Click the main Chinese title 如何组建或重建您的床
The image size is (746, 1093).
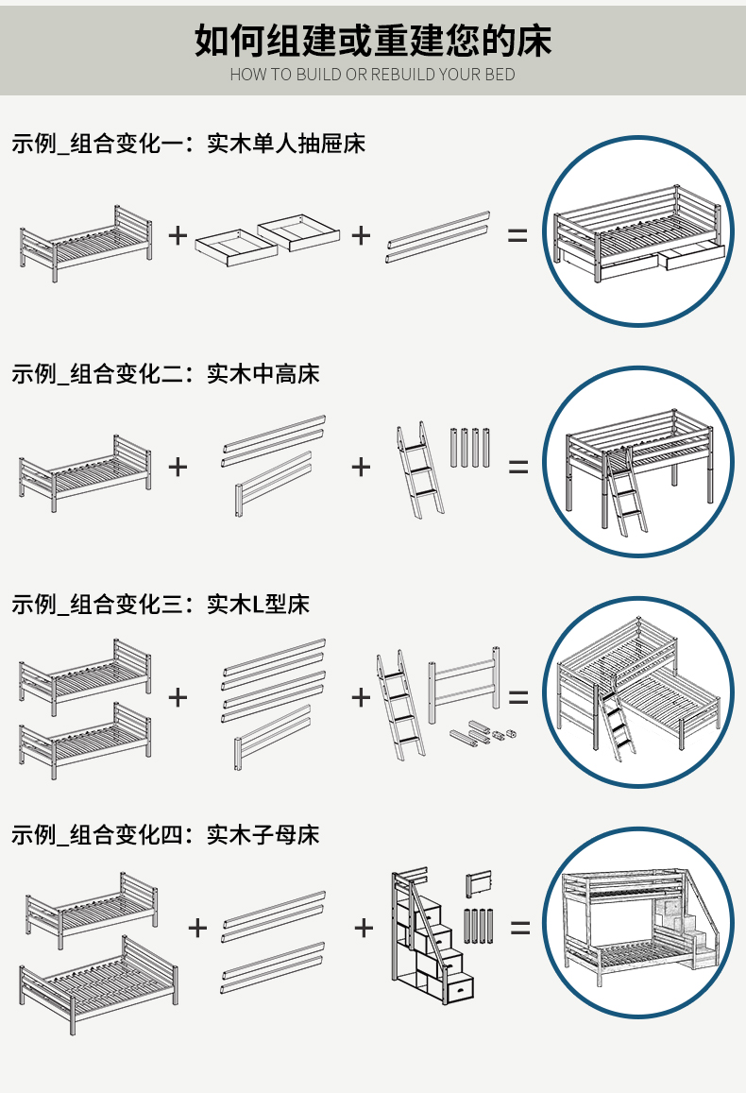(x=373, y=41)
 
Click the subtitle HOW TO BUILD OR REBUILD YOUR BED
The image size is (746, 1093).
(x=373, y=75)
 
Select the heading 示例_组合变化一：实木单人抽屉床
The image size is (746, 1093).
(x=188, y=144)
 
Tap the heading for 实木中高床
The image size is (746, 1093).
(x=165, y=374)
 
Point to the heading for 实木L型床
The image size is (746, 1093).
(x=161, y=605)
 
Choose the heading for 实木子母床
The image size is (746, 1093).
(x=165, y=835)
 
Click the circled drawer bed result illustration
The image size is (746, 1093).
(x=638, y=232)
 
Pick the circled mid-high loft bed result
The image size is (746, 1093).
(x=638, y=463)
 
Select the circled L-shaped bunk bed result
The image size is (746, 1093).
(x=638, y=692)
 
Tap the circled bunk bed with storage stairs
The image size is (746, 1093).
(x=638, y=923)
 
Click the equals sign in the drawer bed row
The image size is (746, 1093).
(x=517, y=235)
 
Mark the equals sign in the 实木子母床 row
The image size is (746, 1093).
(x=520, y=928)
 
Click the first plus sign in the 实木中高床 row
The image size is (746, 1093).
(x=178, y=466)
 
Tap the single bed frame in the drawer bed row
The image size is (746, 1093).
(x=85, y=241)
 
